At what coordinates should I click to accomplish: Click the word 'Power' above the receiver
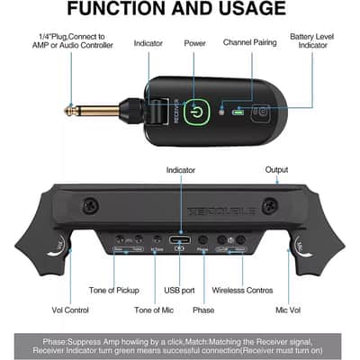[194, 42]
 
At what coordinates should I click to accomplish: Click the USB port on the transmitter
[179, 240]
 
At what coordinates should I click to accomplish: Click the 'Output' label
[276, 169]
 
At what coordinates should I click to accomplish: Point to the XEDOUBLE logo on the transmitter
[180, 207]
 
